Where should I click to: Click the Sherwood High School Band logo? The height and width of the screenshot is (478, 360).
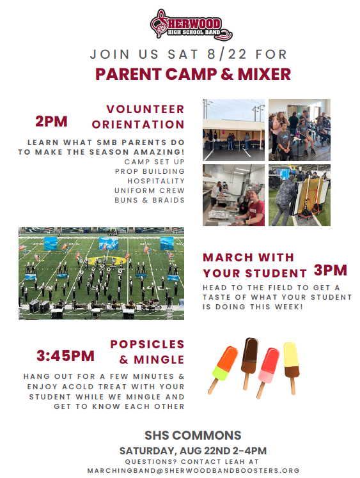[x=191, y=25]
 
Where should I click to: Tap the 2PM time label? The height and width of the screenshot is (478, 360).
[x=51, y=121]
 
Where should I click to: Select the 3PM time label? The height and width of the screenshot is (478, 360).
[x=331, y=270]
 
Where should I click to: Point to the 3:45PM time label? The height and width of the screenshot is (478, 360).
[x=66, y=356]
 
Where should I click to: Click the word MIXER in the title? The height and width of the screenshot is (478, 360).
[x=264, y=74]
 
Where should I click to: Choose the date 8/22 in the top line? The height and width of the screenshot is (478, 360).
[x=227, y=54]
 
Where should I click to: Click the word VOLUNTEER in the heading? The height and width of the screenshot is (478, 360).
[x=145, y=109]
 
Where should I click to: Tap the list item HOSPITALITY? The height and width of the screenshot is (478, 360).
[x=156, y=181]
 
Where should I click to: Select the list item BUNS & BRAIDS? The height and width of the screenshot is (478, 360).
[x=150, y=200]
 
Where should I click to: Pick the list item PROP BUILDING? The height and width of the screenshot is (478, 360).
[x=150, y=171]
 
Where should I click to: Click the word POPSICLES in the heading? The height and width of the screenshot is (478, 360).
[x=147, y=344]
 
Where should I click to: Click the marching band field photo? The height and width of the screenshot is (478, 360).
[x=101, y=274]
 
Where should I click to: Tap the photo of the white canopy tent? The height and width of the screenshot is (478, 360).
[x=233, y=130]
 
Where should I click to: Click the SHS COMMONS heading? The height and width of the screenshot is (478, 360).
[x=193, y=435]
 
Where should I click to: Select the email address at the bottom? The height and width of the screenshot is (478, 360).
[x=193, y=471]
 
